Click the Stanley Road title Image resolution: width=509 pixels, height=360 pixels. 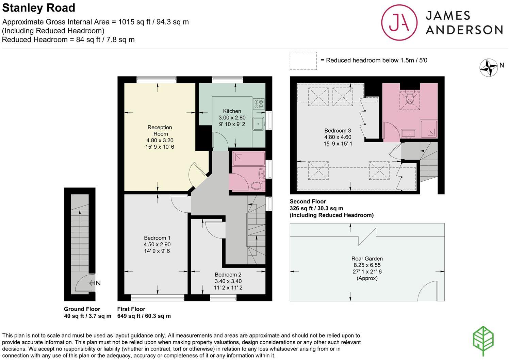[39, 8]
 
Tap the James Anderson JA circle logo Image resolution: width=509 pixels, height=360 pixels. [399, 22]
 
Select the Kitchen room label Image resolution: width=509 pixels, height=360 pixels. [232, 111]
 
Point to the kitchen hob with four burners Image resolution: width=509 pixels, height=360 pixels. [259, 104]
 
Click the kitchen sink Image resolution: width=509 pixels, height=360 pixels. [258, 124]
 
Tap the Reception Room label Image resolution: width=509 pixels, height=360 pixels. [160, 130]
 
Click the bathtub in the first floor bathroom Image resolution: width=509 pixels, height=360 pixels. [248, 158]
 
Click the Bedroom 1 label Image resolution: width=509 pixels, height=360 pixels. [157, 238]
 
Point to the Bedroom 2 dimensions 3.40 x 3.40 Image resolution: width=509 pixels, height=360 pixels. [228, 281]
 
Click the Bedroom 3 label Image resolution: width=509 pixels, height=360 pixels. [337, 131]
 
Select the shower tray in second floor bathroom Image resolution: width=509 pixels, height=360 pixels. [429, 129]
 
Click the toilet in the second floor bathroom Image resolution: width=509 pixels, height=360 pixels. [410, 99]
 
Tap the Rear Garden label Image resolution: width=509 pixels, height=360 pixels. [367, 258]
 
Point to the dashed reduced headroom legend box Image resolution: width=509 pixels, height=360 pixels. [303, 61]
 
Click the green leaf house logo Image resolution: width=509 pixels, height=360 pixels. [483, 341]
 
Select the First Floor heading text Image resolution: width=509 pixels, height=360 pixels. [131, 309]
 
